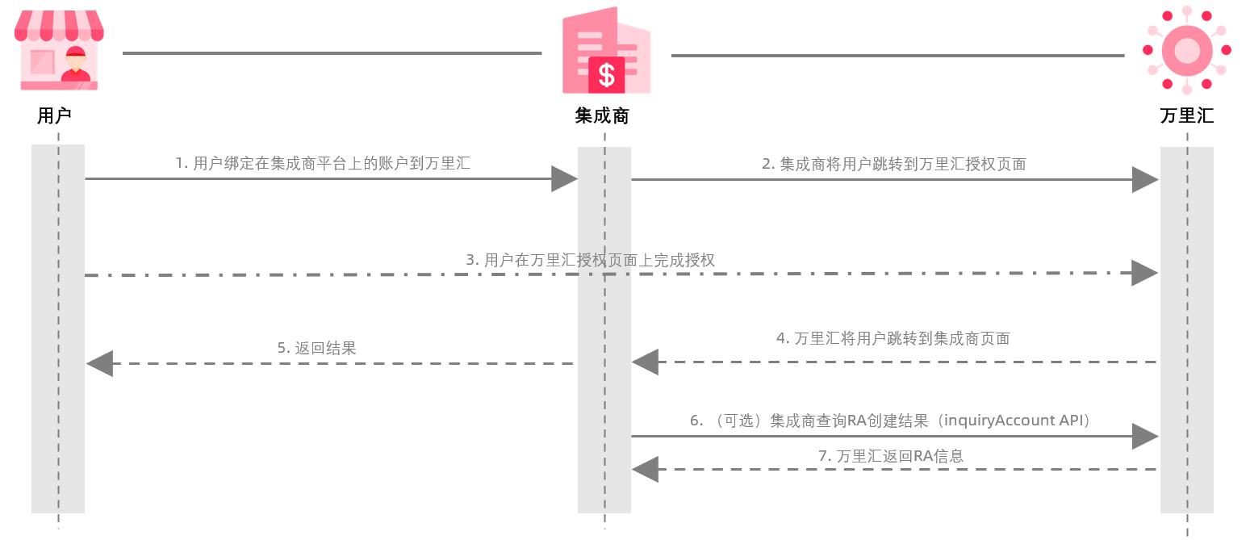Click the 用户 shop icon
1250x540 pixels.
click(59, 50)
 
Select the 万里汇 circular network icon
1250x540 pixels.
click(1187, 50)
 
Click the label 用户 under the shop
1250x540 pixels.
click(55, 115)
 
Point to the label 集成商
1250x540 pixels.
click(602, 115)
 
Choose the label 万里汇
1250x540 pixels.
click(1186, 115)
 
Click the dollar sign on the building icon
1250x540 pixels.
click(607, 75)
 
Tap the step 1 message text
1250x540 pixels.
click(323, 163)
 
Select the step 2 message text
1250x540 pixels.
click(893, 164)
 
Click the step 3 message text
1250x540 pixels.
click(590, 260)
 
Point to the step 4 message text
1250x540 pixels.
click(893, 338)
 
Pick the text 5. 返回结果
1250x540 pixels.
click(316, 348)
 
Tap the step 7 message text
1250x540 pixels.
click(890, 455)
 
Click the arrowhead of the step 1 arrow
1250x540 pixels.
click(564, 179)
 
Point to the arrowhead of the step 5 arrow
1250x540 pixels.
click(99, 363)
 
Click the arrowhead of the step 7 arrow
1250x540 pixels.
click(645, 469)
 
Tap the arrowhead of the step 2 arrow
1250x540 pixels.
click(1145, 179)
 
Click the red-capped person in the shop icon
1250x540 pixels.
click(76, 65)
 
